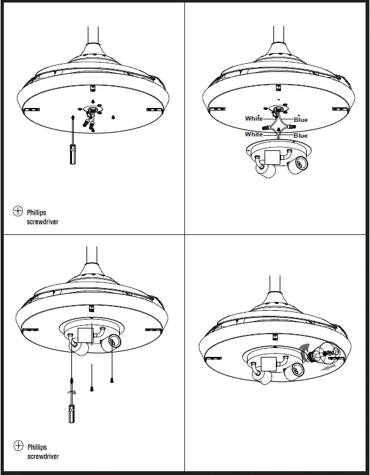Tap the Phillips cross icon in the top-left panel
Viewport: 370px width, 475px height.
click(x=18, y=212)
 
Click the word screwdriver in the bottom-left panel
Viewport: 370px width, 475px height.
click(x=43, y=456)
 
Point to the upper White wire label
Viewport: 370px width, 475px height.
click(x=254, y=119)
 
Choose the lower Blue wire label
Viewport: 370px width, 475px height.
click(x=301, y=135)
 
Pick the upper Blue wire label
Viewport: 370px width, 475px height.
click(x=301, y=119)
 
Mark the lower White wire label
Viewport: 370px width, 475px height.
click(x=254, y=135)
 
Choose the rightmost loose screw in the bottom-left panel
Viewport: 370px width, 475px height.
click(x=112, y=379)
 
